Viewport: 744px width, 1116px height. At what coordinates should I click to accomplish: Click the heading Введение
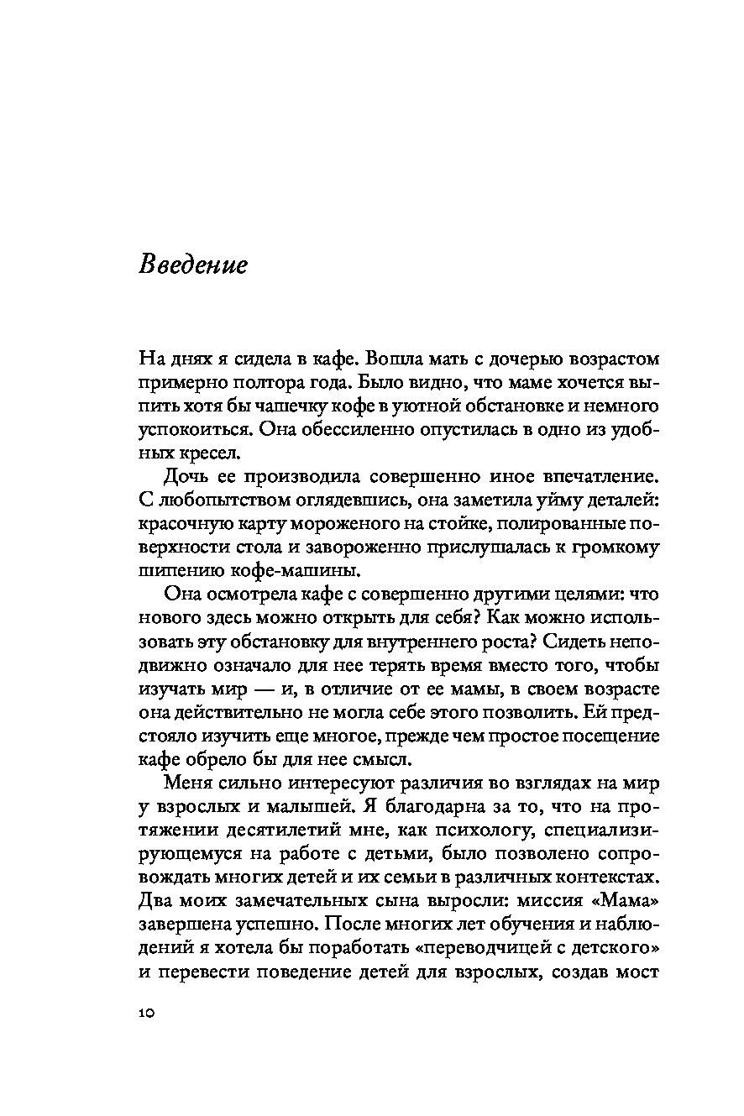pos(193,265)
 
